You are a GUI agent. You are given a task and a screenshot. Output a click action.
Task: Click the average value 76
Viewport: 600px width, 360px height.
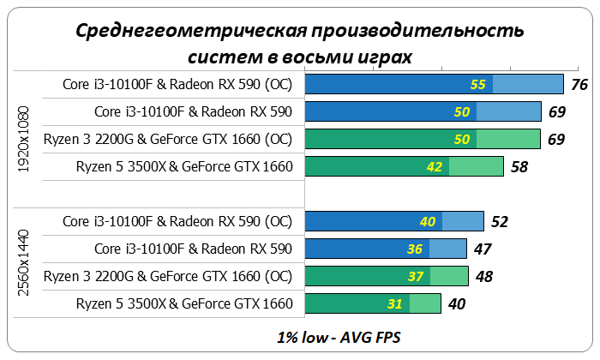579,85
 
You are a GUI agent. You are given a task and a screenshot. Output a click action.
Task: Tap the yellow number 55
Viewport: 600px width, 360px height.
478,85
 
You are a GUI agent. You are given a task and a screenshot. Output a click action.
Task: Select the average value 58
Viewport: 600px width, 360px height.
519,167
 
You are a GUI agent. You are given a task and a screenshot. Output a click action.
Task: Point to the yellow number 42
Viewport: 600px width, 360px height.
434,167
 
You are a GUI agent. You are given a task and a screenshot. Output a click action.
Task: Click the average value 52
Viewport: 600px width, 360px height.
500,222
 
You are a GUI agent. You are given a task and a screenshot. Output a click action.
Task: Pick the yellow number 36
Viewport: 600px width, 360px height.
416,249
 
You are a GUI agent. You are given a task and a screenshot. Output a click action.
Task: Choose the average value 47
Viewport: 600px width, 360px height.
483,249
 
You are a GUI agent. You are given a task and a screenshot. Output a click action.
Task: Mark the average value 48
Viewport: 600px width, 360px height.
484,277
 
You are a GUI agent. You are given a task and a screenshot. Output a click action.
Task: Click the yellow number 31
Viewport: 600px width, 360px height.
395,304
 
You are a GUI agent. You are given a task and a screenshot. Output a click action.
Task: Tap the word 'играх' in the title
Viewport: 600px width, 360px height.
385,57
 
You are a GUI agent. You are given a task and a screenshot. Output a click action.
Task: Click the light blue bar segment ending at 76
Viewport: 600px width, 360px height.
528,85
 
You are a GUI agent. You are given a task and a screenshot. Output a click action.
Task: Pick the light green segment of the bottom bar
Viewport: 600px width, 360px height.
426,304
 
